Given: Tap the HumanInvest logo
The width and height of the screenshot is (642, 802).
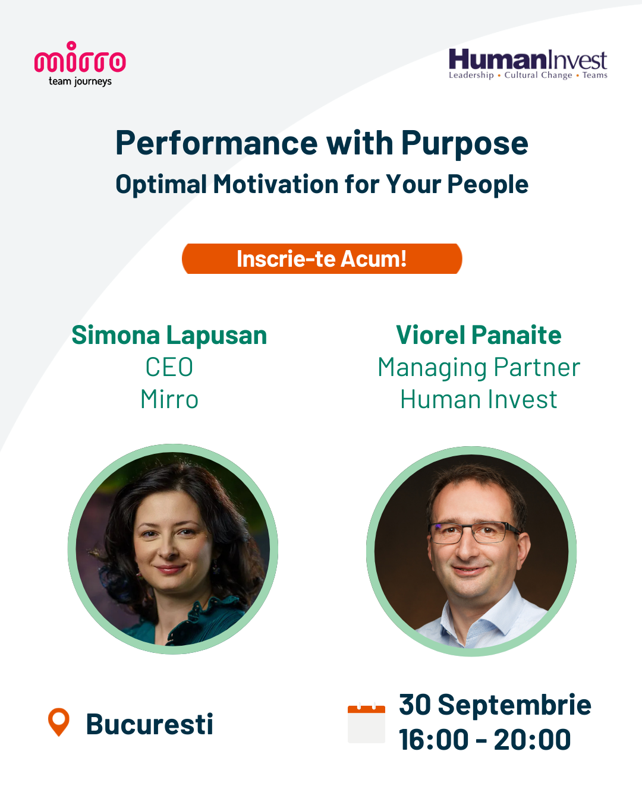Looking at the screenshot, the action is (528, 64).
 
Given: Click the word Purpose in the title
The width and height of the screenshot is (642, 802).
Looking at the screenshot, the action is (464, 144).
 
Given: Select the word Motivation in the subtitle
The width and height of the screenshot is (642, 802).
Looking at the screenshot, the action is (276, 184).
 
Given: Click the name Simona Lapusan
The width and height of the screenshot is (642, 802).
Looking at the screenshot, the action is (169, 335).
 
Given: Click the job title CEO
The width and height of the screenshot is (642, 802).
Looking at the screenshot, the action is (169, 367).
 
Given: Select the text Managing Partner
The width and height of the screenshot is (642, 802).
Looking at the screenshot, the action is (479, 368).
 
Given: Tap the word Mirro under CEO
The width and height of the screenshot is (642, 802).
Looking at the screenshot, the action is (169, 399).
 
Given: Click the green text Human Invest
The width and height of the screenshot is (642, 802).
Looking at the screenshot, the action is (479, 399).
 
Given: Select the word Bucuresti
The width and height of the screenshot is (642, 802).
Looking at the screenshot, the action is (150, 724).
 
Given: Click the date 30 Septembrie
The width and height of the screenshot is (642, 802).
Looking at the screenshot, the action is (495, 705).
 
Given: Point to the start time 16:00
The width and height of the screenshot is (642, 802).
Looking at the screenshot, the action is (433, 740).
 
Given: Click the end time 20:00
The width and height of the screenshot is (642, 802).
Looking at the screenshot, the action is (533, 740).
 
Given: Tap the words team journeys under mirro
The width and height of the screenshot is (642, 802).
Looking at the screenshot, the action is (80, 81).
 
